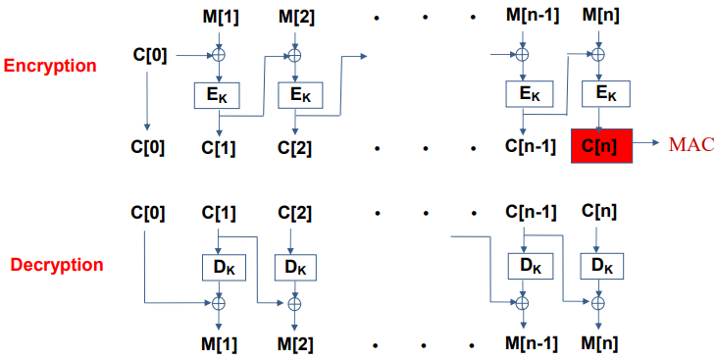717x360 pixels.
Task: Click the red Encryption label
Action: click(50, 67)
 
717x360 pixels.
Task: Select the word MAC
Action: click(691, 145)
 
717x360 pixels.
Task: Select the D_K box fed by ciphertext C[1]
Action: click(220, 266)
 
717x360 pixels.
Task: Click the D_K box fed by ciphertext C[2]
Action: click(294, 266)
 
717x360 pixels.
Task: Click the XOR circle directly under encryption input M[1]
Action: click(220, 54)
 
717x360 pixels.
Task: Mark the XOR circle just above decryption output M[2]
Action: click(294, 304)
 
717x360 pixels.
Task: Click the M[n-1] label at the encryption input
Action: click(530, 17)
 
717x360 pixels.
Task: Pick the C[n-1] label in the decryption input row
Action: click(530, 211)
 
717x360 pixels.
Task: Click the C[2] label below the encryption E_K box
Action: click(294, 148)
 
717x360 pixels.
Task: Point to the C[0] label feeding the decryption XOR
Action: click(147, 211)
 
